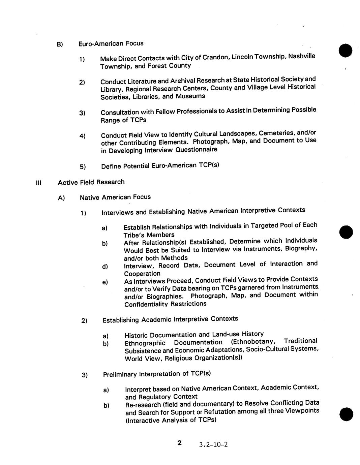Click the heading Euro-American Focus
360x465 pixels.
tap(111, 43)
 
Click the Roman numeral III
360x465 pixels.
tap(38, 183)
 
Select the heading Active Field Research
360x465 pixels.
tap(91, 182)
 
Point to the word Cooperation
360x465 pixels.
tap(142, 274)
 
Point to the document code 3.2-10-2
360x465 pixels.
tap(213, 444)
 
